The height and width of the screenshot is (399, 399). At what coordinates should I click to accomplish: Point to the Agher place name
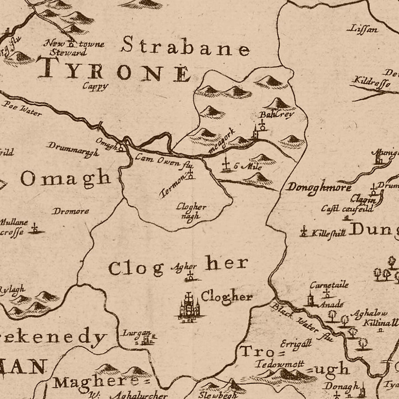[x=186, y=267]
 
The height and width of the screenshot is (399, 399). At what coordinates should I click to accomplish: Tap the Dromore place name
[x=70, y=211]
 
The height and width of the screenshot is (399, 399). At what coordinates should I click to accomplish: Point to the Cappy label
[x=95, y=86]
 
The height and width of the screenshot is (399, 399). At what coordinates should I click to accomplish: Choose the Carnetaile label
[x=329, y=285]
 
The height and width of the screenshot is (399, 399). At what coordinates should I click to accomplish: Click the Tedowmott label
[x=280, y=364]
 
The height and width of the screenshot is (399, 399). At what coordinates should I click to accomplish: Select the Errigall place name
[x=296, y=344]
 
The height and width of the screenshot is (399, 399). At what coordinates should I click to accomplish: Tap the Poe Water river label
[x=22, y=108]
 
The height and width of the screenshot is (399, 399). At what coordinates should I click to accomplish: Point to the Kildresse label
[x=370, y=82]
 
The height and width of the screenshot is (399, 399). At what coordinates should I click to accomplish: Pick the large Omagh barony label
[x=65, y=178]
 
